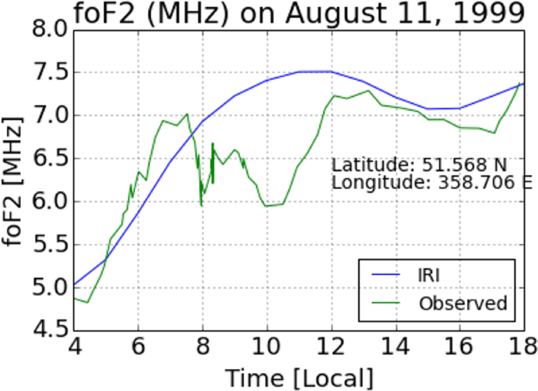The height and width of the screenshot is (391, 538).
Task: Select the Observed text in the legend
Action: pyautogui.click(x=463, y=303)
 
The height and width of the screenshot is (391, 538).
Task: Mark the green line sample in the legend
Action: pyautogui.click(x=387, y=303)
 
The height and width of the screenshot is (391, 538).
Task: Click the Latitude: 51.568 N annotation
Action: pyautogui.click(x=419, y=166)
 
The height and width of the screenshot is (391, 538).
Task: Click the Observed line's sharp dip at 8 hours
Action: pyautogui.click(x=201, y=205)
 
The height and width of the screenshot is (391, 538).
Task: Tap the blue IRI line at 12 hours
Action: pyautogui.click(x=331, y=72)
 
